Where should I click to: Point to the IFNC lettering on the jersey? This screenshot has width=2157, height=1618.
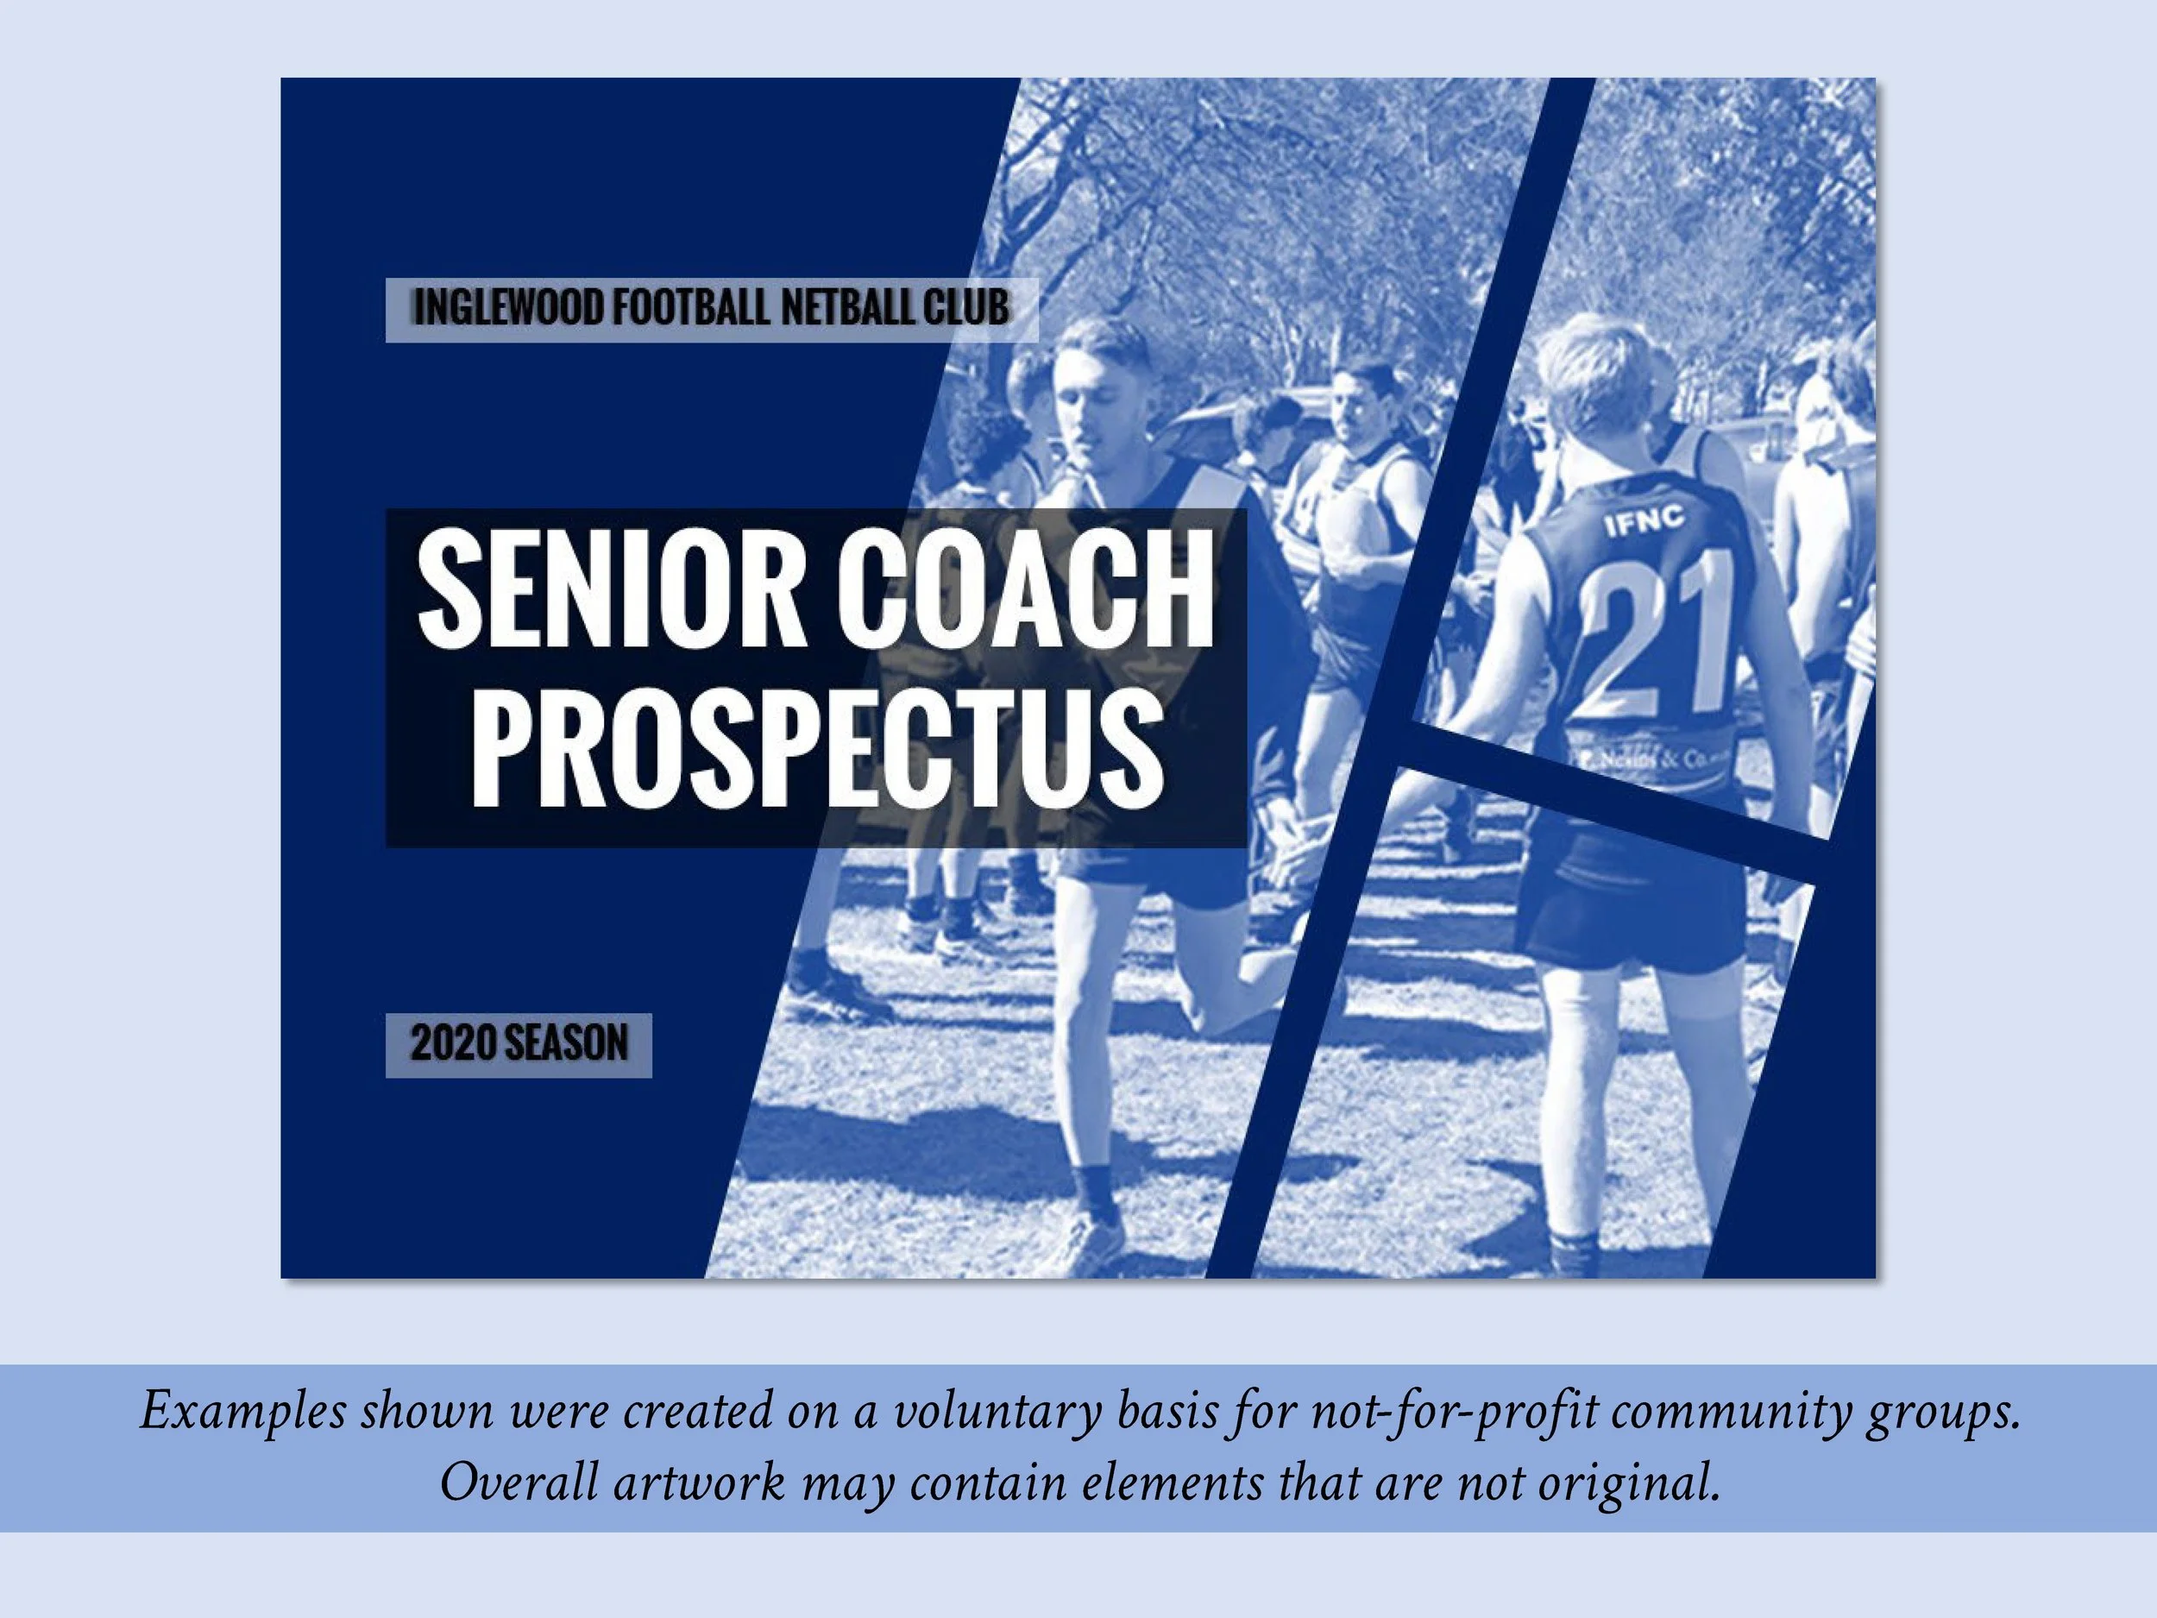1644,522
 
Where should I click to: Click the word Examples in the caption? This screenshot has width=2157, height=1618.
242,1411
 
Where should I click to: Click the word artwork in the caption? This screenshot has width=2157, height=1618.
699,1483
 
